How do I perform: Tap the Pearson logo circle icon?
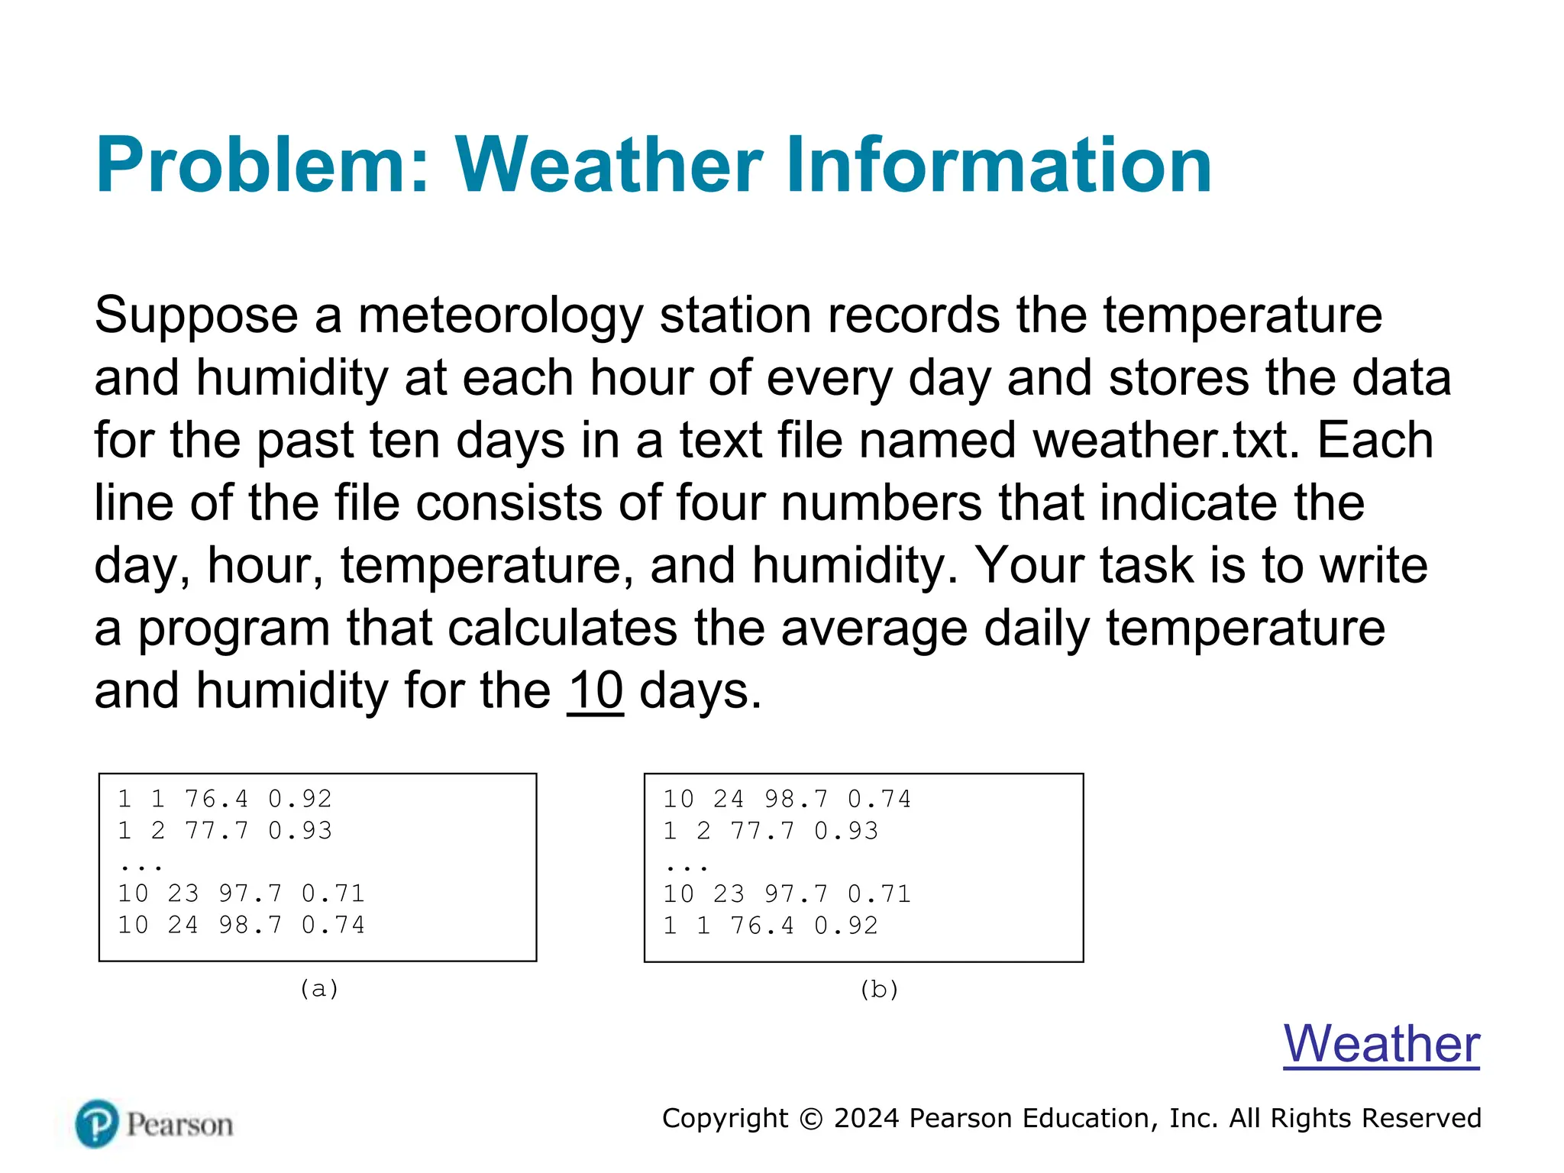click(x=97, y=1123)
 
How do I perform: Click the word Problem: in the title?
click(x=262, y=166)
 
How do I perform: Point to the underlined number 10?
click(x=595, y=690)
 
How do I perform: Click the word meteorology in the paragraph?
click(x=500, y=315)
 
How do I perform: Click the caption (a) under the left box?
click(x=318, y=988)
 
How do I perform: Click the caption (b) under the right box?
click(x=879, y=989)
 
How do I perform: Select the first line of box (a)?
click(x=225, y=799)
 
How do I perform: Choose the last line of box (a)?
click(x=241, y=925)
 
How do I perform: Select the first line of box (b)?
click(x=787, y=799)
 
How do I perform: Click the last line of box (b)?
click(x=771, y=926)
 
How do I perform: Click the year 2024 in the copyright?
click(x=867, y=1118)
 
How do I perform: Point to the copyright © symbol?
click(x=811, y=1119)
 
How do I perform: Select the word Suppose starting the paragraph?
click(x=196, y=315)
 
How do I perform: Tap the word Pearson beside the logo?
click(x=179, y=1125)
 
